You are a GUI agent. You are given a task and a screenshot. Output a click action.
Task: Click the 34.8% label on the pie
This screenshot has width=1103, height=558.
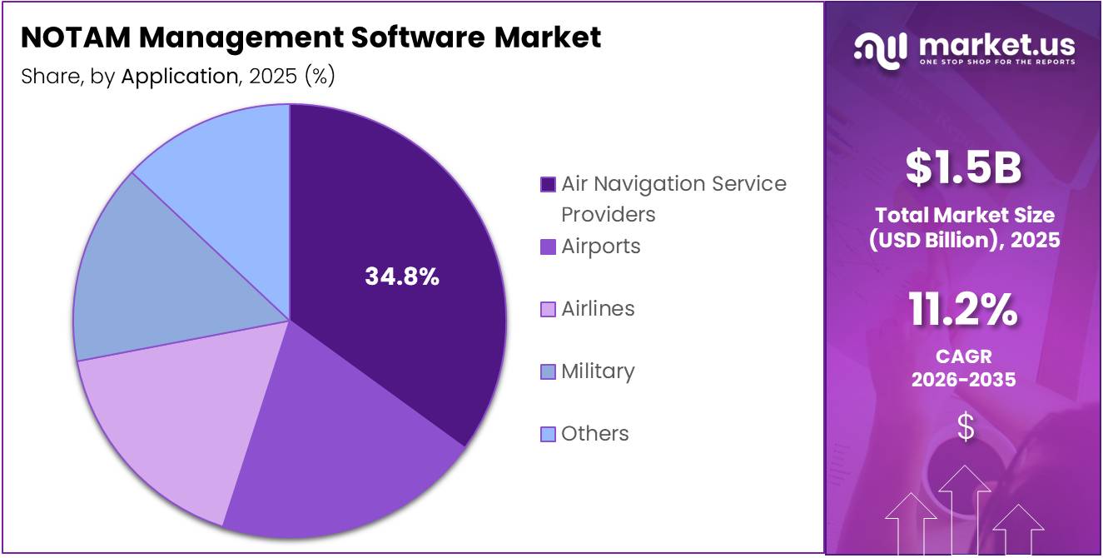pos(402,277)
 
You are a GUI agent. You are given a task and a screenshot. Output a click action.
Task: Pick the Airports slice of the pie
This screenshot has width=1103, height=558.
pos(341,441)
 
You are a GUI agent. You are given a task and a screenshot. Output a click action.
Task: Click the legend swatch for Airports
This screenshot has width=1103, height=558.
pos(548,247)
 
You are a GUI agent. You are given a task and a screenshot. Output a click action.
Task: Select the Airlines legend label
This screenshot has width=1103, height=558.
pos(598,309)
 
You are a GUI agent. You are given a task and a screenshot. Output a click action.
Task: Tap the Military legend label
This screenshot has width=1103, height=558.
pos(598,371)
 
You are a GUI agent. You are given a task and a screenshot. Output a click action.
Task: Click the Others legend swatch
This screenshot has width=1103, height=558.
pos(548,434)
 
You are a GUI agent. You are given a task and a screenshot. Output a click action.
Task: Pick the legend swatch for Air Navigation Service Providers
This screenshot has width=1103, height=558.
pos(548,184)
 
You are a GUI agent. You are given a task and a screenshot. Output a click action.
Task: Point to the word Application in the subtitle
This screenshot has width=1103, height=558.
pos(179,77)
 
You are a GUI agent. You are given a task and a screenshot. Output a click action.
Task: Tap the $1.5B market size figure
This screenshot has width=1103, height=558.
pos(964,167)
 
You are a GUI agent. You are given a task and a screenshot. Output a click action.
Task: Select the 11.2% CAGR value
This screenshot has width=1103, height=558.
pos(964,310)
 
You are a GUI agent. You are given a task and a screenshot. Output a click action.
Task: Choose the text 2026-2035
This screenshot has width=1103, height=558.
pos(964,380)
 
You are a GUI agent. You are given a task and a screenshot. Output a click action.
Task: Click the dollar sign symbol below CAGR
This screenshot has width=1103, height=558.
pos(965,427)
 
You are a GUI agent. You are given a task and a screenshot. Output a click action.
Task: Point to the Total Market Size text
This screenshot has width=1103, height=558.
pos(964,216)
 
